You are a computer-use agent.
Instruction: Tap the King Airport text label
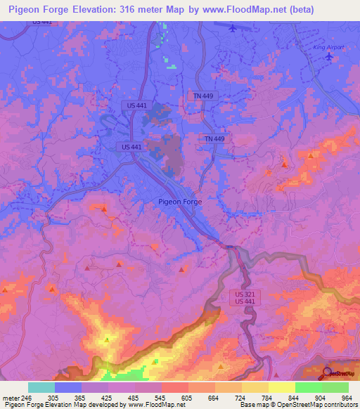[x=329, y=47]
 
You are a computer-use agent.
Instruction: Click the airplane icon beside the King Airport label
[x=328, y=56]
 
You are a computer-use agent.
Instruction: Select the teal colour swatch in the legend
[x=41, y=387]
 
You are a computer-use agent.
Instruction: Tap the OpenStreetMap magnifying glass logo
[x=328, y=373]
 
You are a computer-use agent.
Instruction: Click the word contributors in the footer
[x=339, y=404]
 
